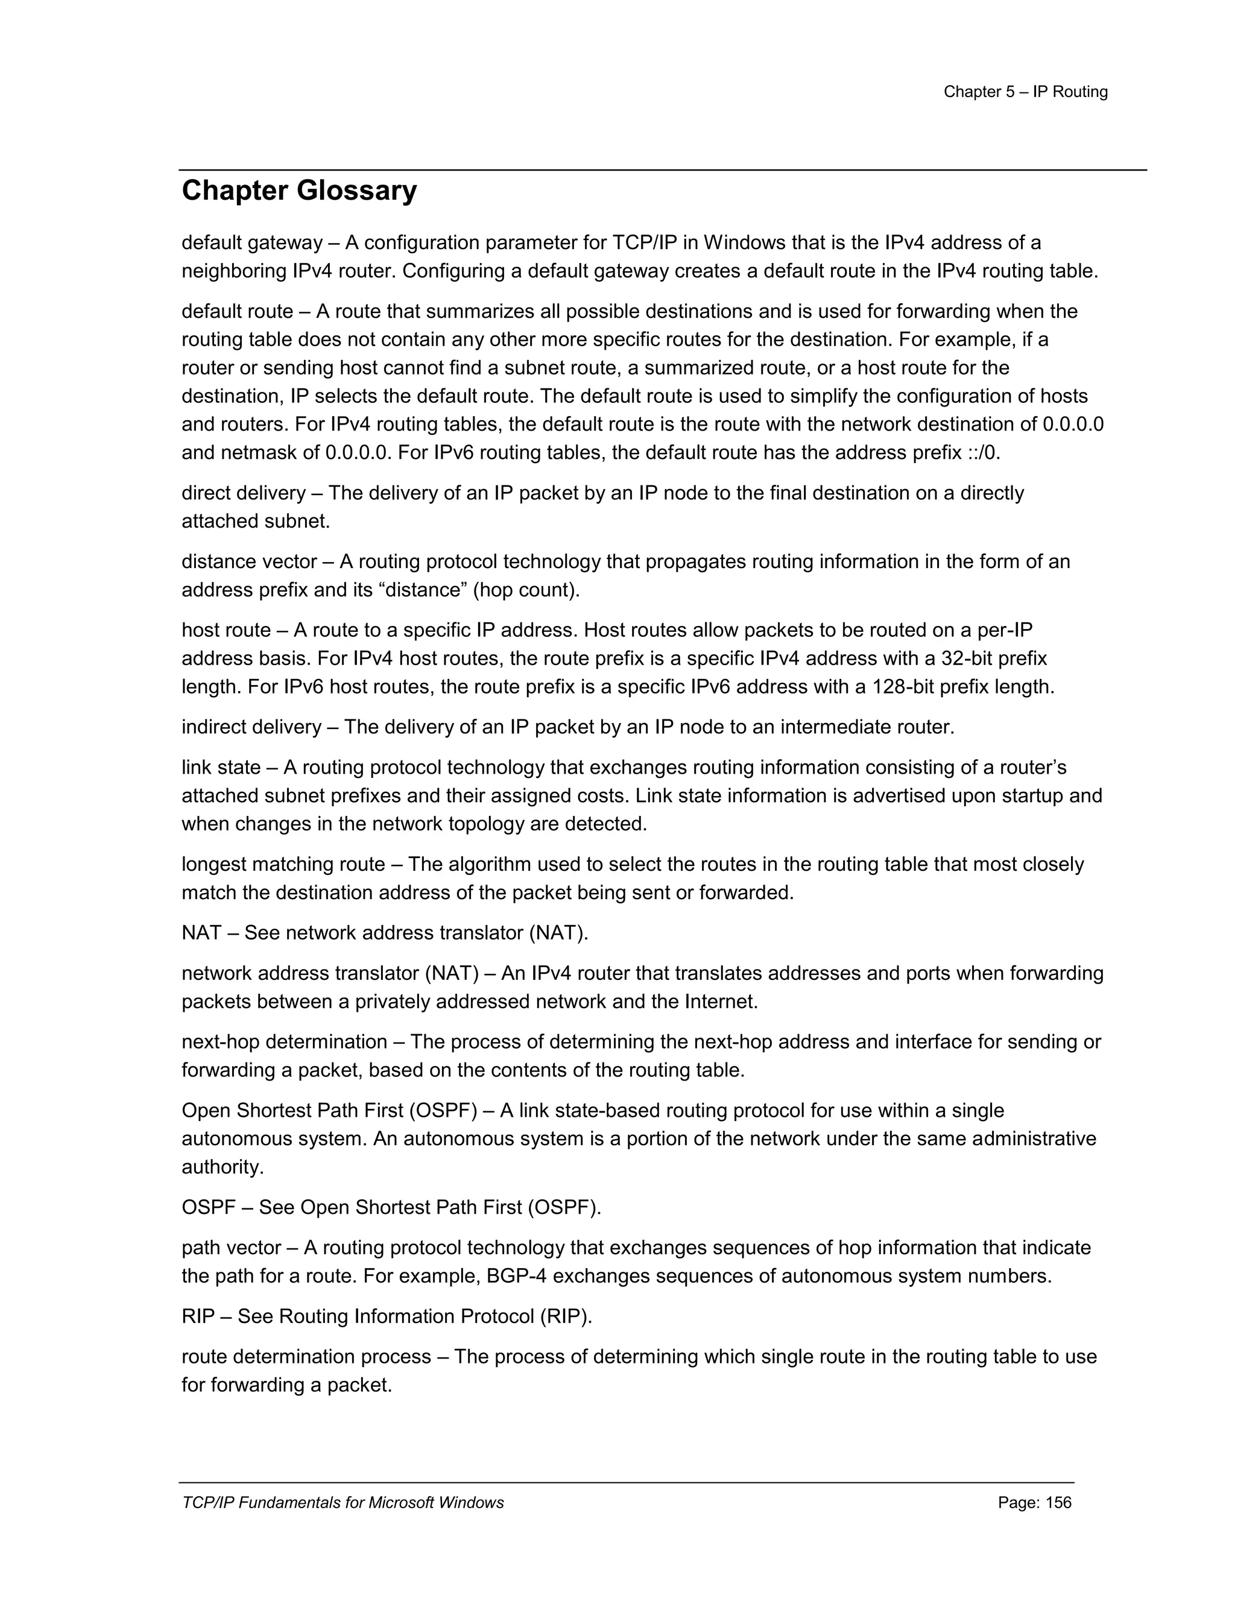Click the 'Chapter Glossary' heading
coord(298,191)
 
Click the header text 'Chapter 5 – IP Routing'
coord(1025,92)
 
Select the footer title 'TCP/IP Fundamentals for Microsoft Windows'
coord(343,1503)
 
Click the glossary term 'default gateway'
coord(251,243)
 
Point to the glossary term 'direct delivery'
coord(243,493)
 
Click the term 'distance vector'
coord(249,562)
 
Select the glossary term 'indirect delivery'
coord(251,727)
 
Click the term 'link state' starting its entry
coord(220,768)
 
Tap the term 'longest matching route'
coord(283,865)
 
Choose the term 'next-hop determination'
coord(284,1042)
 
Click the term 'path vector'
coord(231,1248)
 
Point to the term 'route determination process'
coord(306,1357)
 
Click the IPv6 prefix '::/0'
coord(982,453)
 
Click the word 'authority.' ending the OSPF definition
coord(223,1167)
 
